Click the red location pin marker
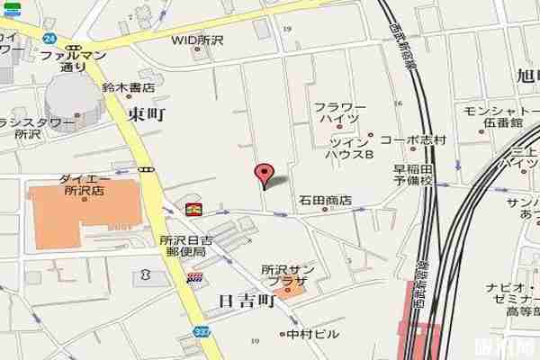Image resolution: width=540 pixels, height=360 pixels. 264,174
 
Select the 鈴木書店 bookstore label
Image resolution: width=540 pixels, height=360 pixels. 129,87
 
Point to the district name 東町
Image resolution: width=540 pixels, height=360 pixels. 147,113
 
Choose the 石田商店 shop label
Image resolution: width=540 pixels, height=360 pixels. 325,200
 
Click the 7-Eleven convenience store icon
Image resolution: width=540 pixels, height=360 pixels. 193,209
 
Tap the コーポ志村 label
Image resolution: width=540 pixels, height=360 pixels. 412,140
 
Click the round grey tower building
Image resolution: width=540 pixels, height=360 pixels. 71,95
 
